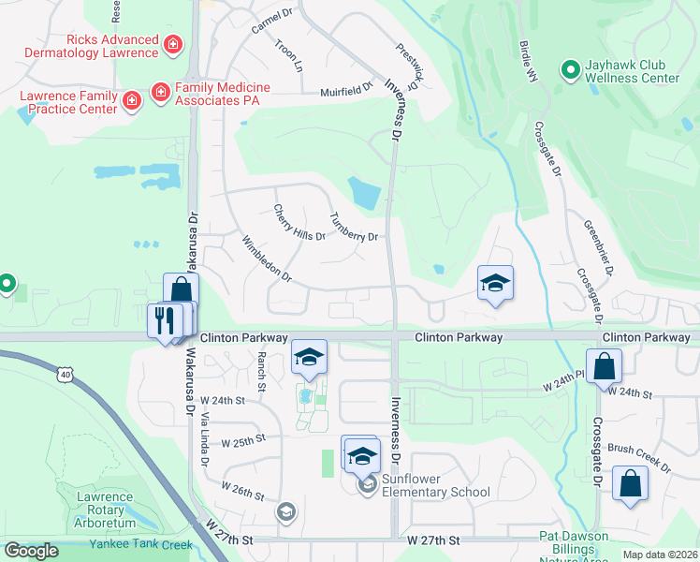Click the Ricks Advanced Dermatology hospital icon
tap(172, 44)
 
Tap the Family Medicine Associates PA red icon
tap(160, 91)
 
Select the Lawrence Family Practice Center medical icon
tap(132, 99)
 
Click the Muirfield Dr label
tap(346, 91)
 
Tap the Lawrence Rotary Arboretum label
tap(105, 510)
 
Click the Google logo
tap(31, 551)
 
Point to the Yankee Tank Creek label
tap(140, 544)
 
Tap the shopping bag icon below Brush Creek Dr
tap(630, 484)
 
